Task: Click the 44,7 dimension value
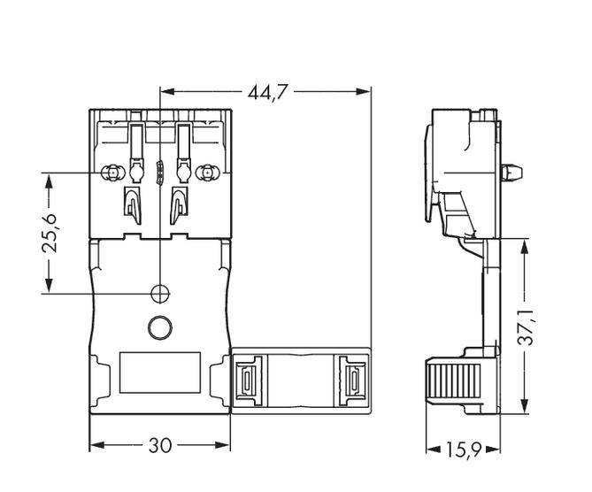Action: coord(265,91)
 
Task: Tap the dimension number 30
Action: coord(159,445)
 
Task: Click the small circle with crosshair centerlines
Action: coord(159,293)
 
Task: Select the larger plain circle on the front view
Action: coord(159,327)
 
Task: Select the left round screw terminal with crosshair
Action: coord(111,173)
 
